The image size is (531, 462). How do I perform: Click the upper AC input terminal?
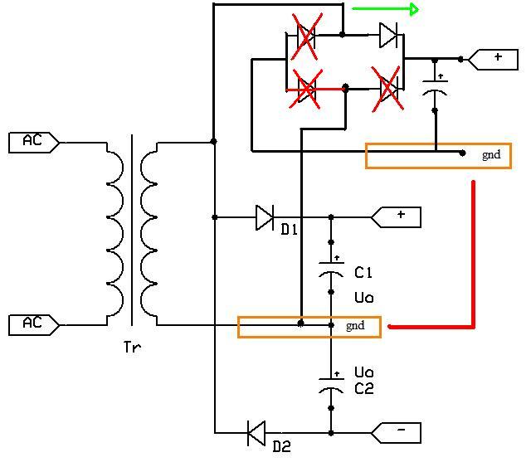click(34, 143)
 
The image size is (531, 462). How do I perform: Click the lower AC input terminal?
click(34, 325)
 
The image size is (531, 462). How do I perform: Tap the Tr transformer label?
click(132, 347)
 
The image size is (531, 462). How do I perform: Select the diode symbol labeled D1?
click(265, 217)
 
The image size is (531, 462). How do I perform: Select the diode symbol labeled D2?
click(256, 433)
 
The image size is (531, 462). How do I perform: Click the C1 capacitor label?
click(363, 272)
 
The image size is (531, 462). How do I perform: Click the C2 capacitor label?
click(364, 388)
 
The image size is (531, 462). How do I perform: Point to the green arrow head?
click(414, 9)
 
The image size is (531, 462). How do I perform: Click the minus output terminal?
click(396, 432)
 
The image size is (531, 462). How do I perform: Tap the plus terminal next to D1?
click(396, 217)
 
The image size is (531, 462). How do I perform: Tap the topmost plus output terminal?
click(493, 60)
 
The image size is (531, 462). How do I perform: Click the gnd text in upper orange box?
click(491, 155)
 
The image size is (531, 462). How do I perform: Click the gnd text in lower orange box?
click(355, 326)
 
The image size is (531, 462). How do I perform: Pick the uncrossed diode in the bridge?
click(388, 35)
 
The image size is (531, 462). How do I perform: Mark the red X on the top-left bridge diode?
click(306, 36)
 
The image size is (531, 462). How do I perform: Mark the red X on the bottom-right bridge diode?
click(387, 89)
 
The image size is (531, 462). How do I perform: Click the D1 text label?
click(290, 230)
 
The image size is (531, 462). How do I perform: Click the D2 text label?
click(282, 447)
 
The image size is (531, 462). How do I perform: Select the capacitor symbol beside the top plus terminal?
click(435, 86)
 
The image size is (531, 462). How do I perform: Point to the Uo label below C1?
click(364, 298)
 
